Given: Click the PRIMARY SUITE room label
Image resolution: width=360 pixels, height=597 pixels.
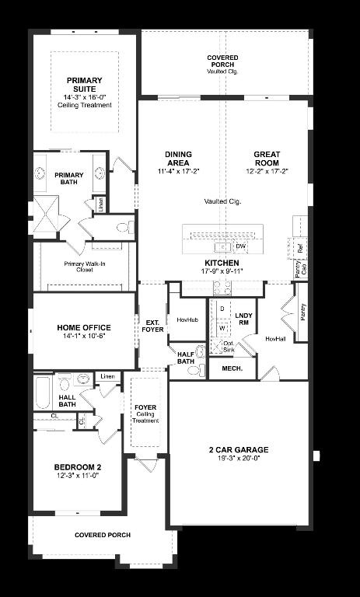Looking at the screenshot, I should tap(84, 85).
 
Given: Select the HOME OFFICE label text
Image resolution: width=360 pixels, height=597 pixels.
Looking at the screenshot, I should tap(83, 327).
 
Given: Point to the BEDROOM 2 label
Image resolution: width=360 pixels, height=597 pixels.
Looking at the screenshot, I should tap(78, 466).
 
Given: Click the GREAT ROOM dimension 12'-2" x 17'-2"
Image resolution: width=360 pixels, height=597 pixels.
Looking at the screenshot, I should tap(265, 171).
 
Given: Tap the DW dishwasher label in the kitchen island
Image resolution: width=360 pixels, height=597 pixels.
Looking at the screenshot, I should tap(240, 246).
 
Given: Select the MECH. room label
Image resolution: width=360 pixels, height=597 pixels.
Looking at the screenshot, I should tap(232, 368).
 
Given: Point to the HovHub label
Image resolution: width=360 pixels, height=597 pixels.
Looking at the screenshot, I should tap(187, 319).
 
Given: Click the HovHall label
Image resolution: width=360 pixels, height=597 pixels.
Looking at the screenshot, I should tap(275, 339).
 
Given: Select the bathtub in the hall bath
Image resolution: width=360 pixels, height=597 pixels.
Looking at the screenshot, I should tap(43, 393).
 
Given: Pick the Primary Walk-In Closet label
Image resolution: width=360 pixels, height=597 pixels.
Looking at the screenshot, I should tap(86, 267).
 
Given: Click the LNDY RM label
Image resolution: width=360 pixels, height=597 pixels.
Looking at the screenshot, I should tap(243, 318).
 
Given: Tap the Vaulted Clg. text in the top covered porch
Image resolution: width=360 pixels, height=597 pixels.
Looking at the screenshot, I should tap(222, 72).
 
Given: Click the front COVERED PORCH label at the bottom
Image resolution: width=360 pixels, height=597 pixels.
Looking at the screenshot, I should tap(102, 535).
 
